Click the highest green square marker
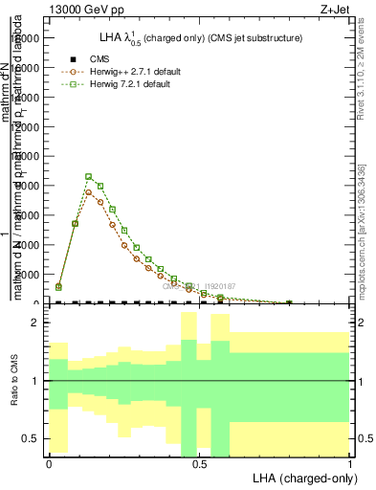pos(88,176)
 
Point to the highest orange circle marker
pos(88,191)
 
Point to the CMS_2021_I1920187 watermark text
pos(198,286)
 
